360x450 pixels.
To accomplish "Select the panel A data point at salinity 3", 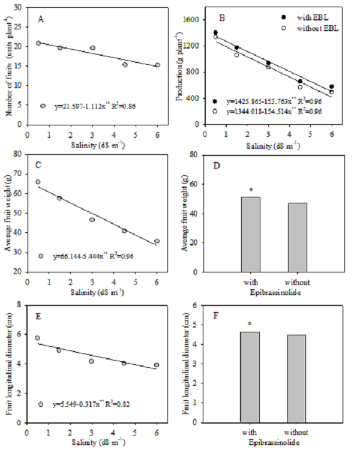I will coord(92,48).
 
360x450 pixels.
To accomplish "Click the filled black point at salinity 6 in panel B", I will coord(331,87).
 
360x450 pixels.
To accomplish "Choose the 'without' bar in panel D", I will coord(298,237).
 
